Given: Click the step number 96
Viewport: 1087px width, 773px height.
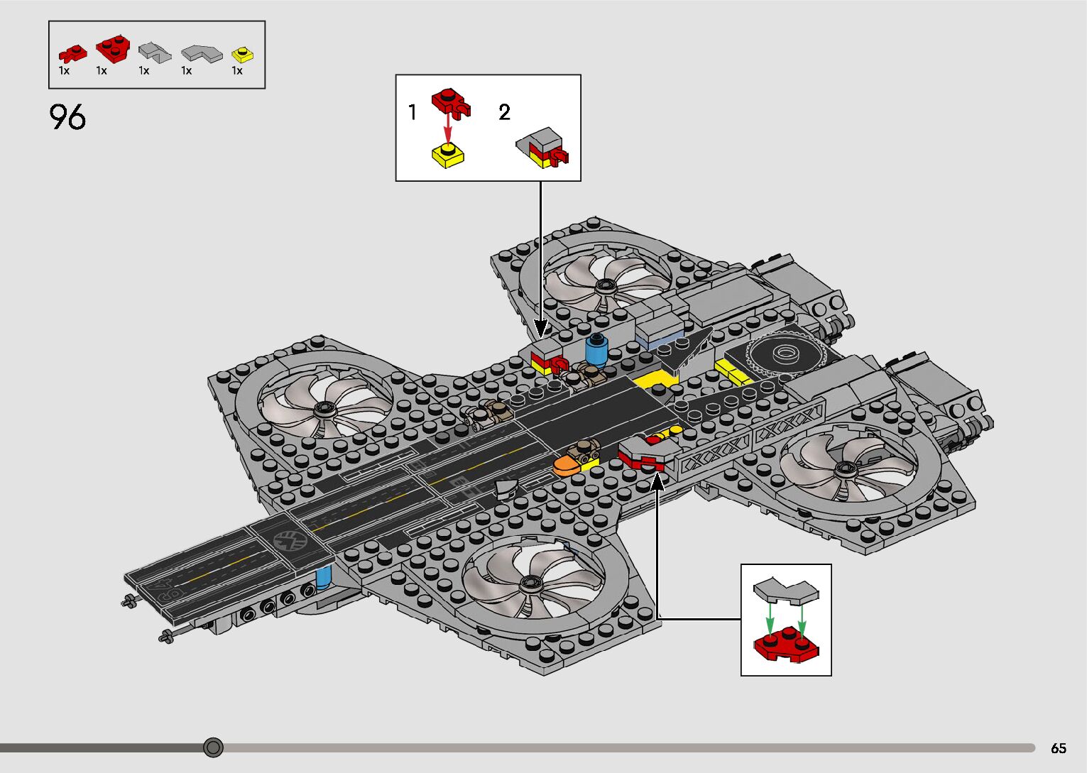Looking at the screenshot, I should click(x=68, y=117).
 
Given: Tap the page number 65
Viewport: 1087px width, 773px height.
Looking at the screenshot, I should click(x=1058, y=748).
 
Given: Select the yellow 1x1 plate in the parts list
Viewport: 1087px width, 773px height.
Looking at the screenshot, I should click(x=242, y=55).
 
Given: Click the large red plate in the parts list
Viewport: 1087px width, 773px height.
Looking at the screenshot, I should click(x=113, y=48).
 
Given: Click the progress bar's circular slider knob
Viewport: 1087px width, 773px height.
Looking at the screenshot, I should click(x=213, y=747).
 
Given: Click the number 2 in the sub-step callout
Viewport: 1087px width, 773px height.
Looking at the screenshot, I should click(x=504, y=112).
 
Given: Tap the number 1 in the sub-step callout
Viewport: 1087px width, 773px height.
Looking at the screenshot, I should click(x=413, y=112).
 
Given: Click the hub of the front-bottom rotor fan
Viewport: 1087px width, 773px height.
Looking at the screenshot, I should click(x=529, y=584).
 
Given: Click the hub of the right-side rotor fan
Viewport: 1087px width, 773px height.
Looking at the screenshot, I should click(x=845, y=468).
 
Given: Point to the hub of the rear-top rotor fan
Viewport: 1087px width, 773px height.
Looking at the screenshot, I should click(x=605, y=285).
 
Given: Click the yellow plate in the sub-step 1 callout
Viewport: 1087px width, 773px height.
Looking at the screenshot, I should click(x=448, y=154).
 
